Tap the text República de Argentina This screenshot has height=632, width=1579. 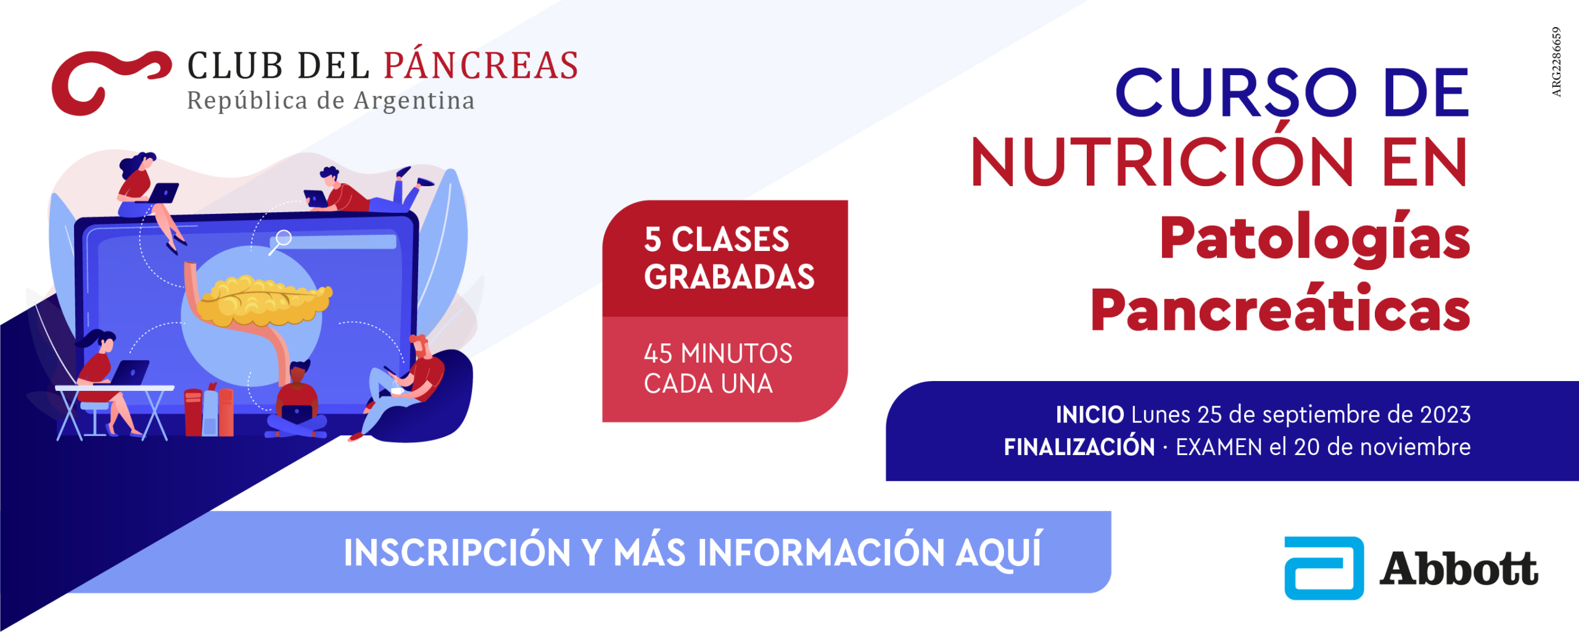[331, 101]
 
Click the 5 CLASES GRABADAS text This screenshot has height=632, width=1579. [729, 258]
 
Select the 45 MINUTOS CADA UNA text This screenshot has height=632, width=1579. [718, 369]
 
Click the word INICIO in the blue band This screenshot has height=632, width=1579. [1090, 415]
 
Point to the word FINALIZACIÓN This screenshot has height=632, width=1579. [1079, 446]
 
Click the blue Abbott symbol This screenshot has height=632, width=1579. [1324, 568]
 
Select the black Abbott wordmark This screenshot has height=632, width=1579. [1459, 568]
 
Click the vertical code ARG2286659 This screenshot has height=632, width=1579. [1556, 62]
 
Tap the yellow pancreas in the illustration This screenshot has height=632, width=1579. [265, 300]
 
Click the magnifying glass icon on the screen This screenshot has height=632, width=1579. [281, 241]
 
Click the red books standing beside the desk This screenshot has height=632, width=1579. [209, 411]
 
